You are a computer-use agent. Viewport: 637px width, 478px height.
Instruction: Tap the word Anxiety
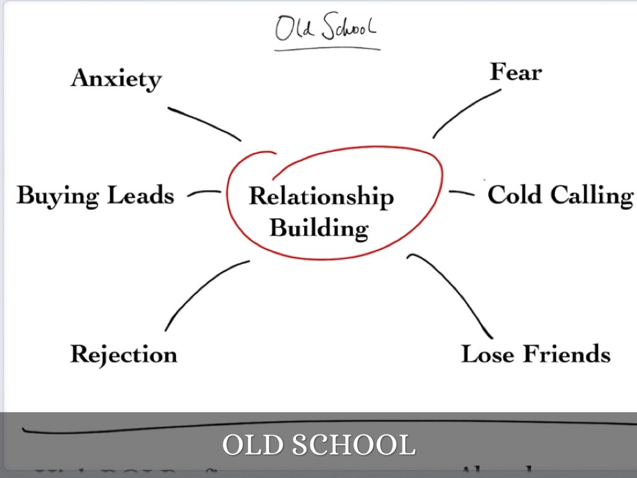[x=116, y=79]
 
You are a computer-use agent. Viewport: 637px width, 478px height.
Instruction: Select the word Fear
[x=516, y=72]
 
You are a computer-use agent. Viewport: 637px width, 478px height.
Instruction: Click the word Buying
[x=58, y=195]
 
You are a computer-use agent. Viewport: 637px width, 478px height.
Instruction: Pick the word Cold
[x=514, y=195]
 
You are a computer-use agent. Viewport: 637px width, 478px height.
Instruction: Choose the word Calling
[x=591, y=195]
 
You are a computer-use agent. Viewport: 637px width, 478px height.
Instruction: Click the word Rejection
[x=123, y=354]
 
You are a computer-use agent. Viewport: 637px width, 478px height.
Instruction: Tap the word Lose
[x=488, y=354]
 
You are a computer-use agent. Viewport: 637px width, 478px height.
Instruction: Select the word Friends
[x=566, y=354]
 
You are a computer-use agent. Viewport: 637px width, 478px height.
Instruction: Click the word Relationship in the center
[x=321, y=197]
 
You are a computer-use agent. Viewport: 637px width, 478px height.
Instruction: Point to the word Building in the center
[x=318, y=228]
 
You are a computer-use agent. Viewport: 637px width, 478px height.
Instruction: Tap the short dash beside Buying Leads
[x=203, y=193]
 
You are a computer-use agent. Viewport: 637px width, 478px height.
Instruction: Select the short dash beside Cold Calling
[x=461, y=193]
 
